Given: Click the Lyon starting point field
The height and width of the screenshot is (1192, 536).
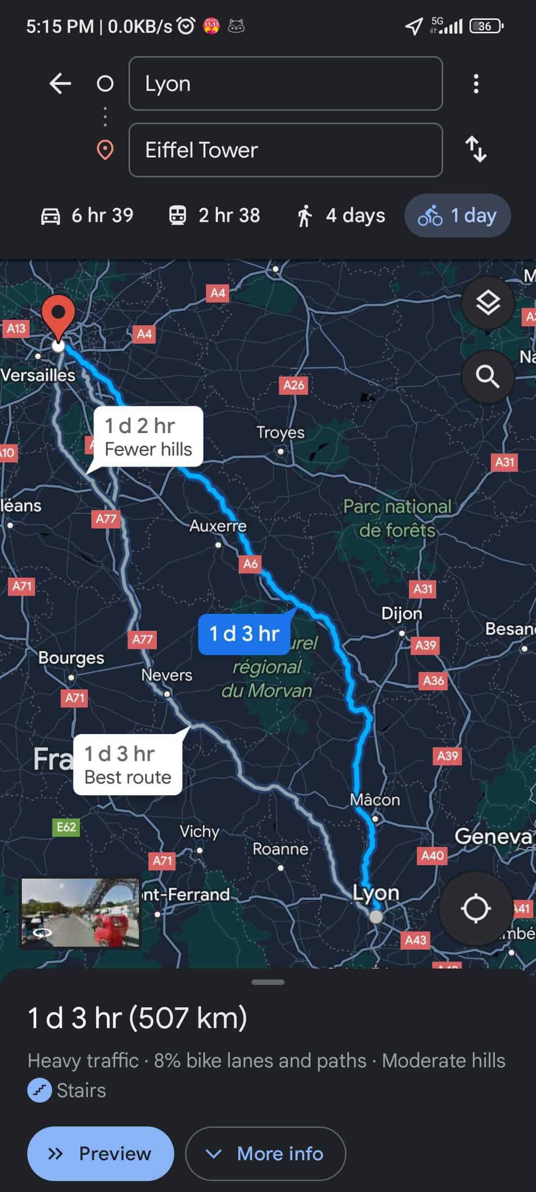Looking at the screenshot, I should (285, 83).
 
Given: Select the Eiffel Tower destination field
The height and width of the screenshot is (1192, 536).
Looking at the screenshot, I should (285, 150).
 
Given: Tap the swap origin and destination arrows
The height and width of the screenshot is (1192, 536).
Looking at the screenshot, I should (476, 149).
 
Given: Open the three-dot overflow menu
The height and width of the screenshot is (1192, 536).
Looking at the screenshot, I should (476, 83).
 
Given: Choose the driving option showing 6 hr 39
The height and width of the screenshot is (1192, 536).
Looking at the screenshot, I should (87, 216).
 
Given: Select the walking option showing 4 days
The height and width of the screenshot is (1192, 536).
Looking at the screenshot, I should (341, 216).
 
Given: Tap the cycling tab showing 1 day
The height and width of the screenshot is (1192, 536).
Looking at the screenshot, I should (458, 216).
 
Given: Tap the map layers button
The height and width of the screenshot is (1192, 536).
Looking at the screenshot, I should (488, 302).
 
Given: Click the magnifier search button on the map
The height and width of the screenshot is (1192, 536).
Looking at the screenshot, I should (488, 376).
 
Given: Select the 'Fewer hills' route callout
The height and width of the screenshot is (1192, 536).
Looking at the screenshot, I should (148, 437).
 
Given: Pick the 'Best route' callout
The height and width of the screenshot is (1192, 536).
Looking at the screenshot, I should (128, 765).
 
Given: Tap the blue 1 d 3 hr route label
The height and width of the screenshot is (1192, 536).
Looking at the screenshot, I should (244, 634).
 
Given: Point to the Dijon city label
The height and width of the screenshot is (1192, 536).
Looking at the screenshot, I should (402, 613).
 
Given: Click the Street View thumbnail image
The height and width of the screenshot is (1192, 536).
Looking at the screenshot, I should (80, 913).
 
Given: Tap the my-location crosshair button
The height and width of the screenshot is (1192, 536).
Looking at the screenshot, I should (475, 908).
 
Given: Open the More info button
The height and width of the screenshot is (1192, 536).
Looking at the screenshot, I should (266, 1153).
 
